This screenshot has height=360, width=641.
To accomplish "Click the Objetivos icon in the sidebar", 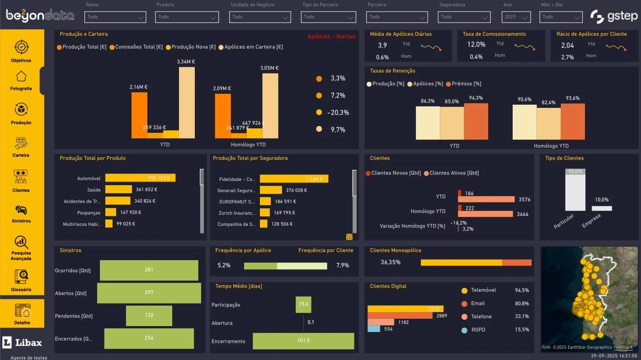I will pyautogui.click(x=21, y=47).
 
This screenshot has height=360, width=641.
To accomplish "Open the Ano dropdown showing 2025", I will pyautogui.click(x=516, y=17).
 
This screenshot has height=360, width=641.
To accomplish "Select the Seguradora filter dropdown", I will pyautogui.click(x=464, y=17).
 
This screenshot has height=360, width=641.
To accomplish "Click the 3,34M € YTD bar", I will pyautogui.click(x=187, y=103).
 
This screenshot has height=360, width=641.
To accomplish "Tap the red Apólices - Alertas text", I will pyautogui.click(x=331, y=37).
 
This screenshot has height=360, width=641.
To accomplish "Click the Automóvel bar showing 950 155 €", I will pyautogui.click(x=140, y=178).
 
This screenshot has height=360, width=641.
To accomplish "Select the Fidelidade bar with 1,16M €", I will pyautogui.click(x=294, y=179).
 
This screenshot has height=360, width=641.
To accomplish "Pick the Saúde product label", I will pyautogui.click(x=94, y=190).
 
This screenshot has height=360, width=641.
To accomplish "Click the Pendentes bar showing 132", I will pyautogui.click(x=149, y=315).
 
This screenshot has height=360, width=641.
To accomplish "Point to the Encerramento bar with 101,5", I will pyautogui.click(x=303, y=341).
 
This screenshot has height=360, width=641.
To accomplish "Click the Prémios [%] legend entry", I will pyautogui.click(x=464, y=84).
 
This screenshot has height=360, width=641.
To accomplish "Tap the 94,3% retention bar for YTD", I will pyautogui.click(x=476, y=121).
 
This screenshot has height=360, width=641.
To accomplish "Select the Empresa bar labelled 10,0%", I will pyautogui.click(x=602, y=208).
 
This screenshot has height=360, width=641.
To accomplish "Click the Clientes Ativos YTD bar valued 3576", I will pyautogui.click(x=486, y=199).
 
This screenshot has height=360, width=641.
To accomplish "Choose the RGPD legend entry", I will pyautogui.click(x=478, y=330).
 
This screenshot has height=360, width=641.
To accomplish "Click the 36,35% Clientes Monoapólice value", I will pyautogui.click(x=391, y=262).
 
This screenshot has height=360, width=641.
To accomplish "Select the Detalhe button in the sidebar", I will pyautogui.click(x=22, y=313).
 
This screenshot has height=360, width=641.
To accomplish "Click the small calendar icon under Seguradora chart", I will pyautogui.click(x=349, y=237).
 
